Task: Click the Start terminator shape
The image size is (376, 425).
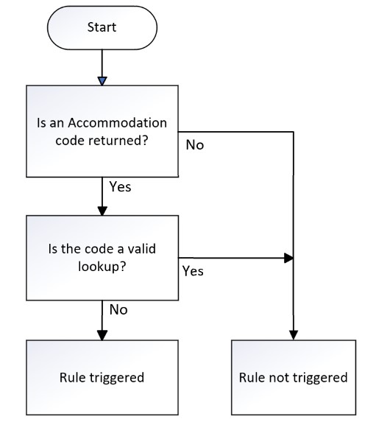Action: [x=102, y=28]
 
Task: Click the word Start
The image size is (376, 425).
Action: [x=102, y=27]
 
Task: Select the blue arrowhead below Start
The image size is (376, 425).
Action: [x=102, y=81]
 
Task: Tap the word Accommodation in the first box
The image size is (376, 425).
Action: [x=117, y=123]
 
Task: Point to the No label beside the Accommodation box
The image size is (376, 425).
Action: [x=195, y=145]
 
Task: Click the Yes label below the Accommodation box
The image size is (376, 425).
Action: [x=120, y=187]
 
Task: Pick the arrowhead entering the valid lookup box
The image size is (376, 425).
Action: [x=102, y=211]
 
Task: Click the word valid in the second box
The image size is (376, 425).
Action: [x=141, y=249]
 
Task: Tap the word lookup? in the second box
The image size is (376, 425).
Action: [x=102, y=267]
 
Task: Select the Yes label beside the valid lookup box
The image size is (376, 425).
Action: [x=193, y=271]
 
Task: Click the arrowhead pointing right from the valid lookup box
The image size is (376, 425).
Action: [x=288, y=258]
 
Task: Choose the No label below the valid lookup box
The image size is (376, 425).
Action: [x=118, y=309]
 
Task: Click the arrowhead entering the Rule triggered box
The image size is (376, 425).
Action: [x=102, y=335]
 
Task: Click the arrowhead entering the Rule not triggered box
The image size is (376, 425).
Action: [x=294, y=335]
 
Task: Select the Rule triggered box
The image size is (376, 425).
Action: [x=102, y=377]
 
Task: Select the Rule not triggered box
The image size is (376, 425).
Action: [x=294, y=377]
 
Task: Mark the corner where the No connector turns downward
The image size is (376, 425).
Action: [x=294, y=132]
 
